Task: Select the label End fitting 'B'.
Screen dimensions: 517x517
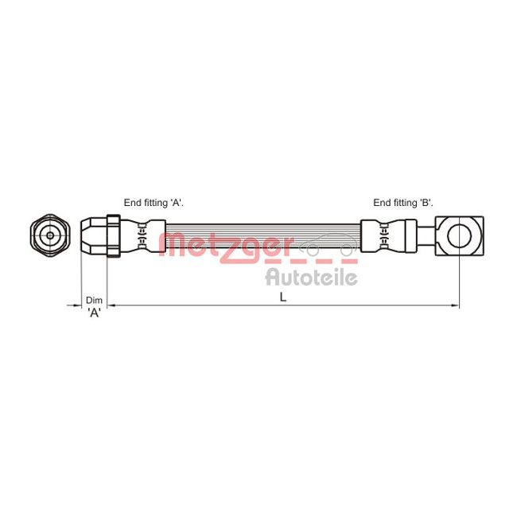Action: (402, 203)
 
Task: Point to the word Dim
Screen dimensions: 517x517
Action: (94, 300)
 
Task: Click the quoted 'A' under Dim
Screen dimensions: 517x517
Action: (94, 313)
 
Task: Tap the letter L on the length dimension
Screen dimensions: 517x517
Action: (282, 296)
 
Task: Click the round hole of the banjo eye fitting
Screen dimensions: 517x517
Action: (460, 235)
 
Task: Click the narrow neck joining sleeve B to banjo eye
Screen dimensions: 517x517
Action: (427, 235)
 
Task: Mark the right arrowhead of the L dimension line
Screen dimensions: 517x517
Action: (455, 305)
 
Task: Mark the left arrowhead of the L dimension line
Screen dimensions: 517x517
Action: (111, 305)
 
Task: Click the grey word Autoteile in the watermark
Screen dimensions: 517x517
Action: (310, 277)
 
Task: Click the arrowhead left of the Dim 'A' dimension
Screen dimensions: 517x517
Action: (76, 305)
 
